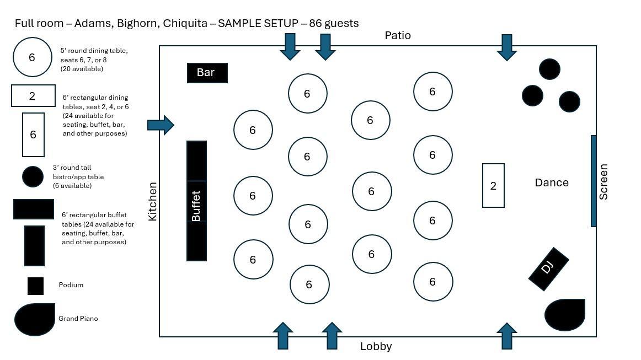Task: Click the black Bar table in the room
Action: pyautogui.click(x=207, y=73)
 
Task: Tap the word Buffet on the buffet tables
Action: pyautogui.click(x=196, y=206)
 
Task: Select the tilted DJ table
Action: pyautogui.click(x=548, y=268)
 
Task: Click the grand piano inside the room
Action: pyautogui.click(x=564, y=315)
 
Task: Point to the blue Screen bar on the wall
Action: pyautogui.click(x=594, y=181)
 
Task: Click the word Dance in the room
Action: pyautogui.click(x=551, y=182)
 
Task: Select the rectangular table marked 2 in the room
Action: pyautogui.click(x=493, y=186)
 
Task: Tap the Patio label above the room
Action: pyautogui.click(x=398, y=35)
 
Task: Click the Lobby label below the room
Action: pyautogui.click(x=376, y=346)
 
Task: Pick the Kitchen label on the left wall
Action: pyautogui.click(x=153, y=201)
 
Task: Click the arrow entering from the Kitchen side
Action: pyautogui.click(x=161, y=125)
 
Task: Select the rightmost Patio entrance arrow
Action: pyautogui.click(x=506, y=47)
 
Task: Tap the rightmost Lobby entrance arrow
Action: pyautogui.click(x=506, y=336)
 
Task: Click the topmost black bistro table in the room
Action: pyautogui.click(x=549, y=69)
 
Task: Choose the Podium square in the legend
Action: pyautogui.click(x=35, y=286)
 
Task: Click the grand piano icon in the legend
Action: pyautogui.click(x=34, y=319)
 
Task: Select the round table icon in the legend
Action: pyautogui.click(x=32, y=57)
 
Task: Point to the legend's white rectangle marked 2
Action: pyautogui.click(x=33, y=96)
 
